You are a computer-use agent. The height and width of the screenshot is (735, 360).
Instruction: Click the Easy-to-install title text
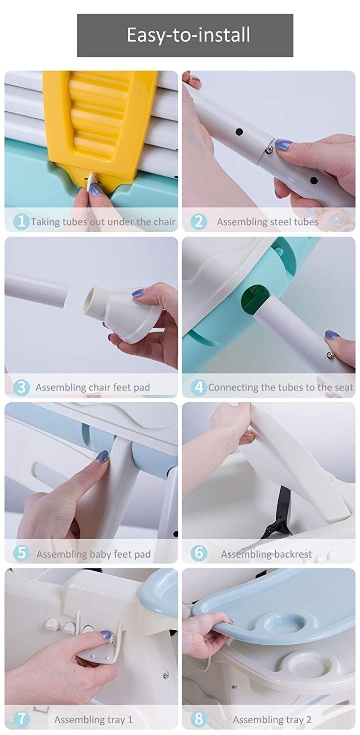[189, 35]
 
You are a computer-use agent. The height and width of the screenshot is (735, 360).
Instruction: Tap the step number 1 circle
[22, 221]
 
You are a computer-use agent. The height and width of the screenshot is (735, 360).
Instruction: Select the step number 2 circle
[199, 221]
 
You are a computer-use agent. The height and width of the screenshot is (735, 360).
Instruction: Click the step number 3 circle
[22, 387]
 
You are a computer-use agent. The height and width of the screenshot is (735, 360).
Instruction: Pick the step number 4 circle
[199, 387]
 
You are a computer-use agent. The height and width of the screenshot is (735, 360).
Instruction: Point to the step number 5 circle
[22, 553]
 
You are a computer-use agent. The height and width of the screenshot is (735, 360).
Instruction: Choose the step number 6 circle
[199, 553]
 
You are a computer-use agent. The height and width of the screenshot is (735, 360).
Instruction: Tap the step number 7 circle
[22, 719]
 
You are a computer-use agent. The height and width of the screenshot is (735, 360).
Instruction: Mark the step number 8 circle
[199, 719]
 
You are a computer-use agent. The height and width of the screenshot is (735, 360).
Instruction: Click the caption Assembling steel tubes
[267, 222]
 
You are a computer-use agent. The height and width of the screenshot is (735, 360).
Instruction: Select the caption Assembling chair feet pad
[93, 388]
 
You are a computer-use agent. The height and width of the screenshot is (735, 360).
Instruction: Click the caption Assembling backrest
[266, 554]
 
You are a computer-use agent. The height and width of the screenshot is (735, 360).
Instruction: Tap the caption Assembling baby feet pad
[94, 554]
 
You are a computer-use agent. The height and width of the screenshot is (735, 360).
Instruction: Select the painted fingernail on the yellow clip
[96, 190]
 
